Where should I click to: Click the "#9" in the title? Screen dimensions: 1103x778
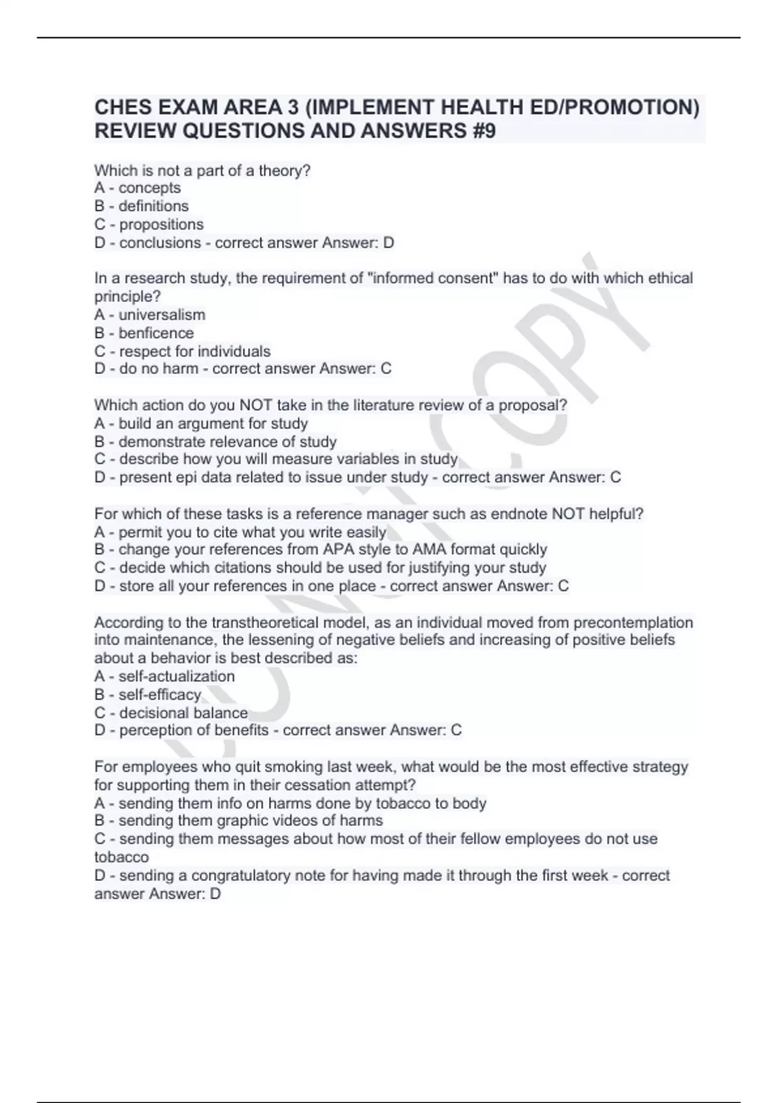pos(481,131)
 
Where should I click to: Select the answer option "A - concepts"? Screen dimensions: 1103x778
pos(137,188)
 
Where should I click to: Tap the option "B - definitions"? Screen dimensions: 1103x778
pos(141,206)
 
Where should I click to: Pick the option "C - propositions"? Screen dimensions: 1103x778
pos(148,224)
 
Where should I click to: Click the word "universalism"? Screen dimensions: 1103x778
pos(162,315)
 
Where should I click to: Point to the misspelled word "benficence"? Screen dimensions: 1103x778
pos(156,333)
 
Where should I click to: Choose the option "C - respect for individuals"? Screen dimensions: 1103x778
pos(182,352)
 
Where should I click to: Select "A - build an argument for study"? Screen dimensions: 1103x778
pos(201,424)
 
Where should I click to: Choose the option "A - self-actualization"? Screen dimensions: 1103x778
pos(165,677)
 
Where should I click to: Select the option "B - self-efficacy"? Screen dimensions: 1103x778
pos(148,695)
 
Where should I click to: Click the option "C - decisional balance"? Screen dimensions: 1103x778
pos(171,713)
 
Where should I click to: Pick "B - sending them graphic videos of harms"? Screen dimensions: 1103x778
pos(239,821)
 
